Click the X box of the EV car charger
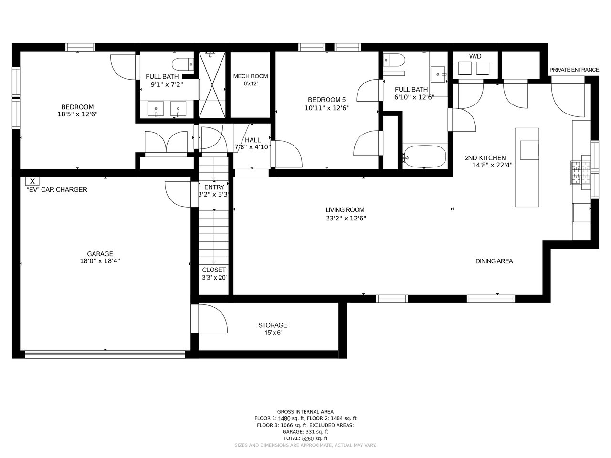click(32, 181)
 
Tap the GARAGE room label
click(100, 254)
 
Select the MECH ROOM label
click(251, 76)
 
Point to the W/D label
click(475, 56)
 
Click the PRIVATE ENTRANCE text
click(574, 70)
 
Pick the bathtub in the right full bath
click(424, 157)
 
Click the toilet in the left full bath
click(183, 64)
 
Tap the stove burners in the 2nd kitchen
click(580, 173)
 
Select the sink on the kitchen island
click(529, 150)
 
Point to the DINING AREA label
click(494, 261)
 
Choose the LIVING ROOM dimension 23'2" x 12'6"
click(346, 219)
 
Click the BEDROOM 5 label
click(327, 100)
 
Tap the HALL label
click(253, 140)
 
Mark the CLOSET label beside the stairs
click(214, 270)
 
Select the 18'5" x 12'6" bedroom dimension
click(77, 114)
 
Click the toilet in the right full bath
click(394, 60)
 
